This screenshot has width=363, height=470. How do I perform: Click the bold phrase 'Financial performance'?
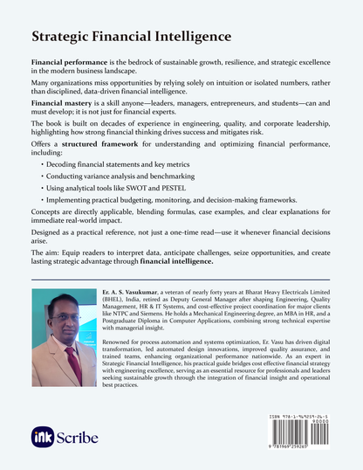69,67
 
